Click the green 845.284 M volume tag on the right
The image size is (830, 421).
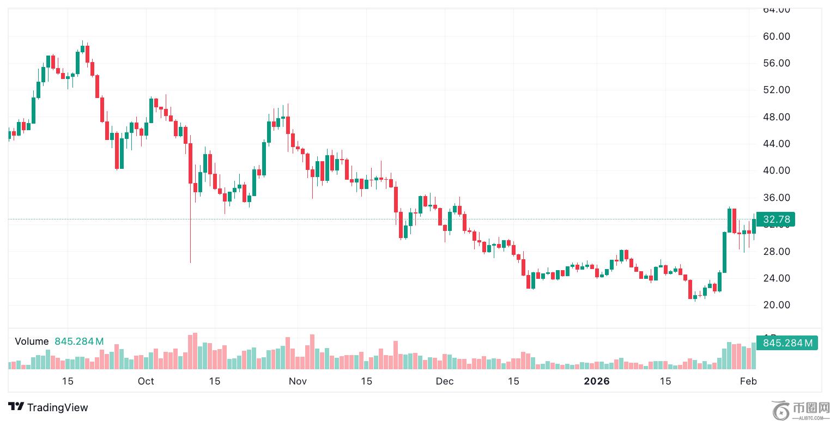point(787,343)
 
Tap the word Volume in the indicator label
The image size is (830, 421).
point(32,341)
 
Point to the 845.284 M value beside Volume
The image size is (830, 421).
point(79,341)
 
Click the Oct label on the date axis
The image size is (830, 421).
point(146,381)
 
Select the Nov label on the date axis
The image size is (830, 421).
point(298,381)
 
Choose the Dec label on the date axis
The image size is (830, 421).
point(445,381)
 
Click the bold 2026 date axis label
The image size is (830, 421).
point(597,381)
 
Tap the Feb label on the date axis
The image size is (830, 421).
point(748,381)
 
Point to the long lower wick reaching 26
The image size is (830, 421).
point(190,240)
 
